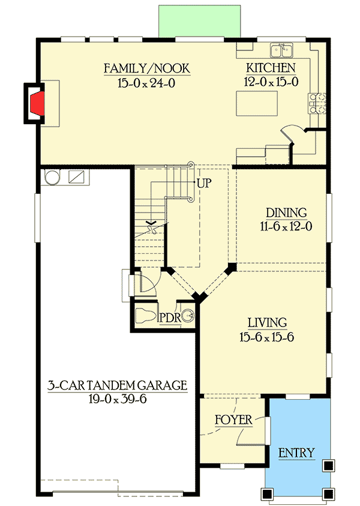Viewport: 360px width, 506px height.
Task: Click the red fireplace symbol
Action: [x=37, y=103]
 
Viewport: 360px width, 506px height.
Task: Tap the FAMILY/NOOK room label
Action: [x=147, y=68]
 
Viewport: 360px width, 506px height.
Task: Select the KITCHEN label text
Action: [x=271, y=68]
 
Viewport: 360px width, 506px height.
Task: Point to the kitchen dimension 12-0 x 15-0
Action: [x=271, y=83]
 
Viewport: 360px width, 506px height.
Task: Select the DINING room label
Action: [x=286, y=212]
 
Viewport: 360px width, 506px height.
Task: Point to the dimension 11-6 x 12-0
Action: [x=286, y=227]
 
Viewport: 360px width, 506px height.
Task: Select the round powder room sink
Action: [x=188, y=316]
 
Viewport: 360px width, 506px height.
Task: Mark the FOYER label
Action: [x=233, y=420]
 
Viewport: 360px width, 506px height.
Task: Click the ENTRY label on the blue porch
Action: [x=296, y=453]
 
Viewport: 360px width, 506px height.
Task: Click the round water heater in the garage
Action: [x=52, y=177]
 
